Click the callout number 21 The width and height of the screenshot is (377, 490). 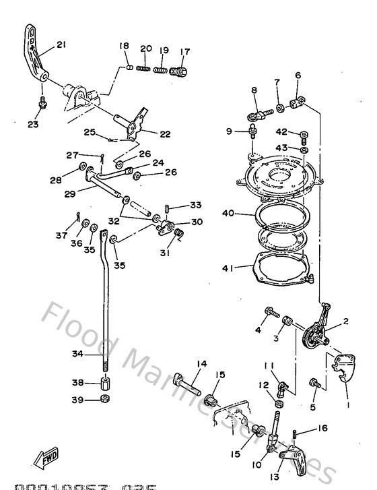click(x=61, y=45)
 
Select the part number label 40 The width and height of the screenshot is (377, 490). click(x=228, y=214)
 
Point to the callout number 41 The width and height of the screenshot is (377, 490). click(x=228, y=268)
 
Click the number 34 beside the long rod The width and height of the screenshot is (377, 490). click(x=78, y=353)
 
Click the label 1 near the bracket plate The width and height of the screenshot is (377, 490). click(x=349, y=406)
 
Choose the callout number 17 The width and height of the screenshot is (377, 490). click(x=185, y=51)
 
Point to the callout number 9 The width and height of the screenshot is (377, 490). click(x=228, y=131)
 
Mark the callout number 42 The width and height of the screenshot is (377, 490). click(x=281, y=131)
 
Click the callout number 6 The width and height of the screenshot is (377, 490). click(x=298, y=75)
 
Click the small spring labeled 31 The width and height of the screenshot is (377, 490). click(x=179, y=234)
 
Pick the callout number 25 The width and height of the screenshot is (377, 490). click(x=90, y=131)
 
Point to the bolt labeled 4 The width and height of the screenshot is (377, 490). click(x=271, y=313)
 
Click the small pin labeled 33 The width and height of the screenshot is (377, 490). click(x=169, y=208)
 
